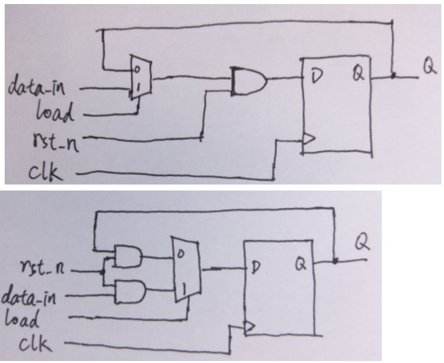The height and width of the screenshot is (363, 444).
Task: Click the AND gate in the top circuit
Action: [247, 82]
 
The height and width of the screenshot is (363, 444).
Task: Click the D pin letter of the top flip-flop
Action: [316, 76]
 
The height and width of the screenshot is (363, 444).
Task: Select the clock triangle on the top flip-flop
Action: [308, 140]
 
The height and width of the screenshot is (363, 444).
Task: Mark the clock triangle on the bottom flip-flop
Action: [249, 327]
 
